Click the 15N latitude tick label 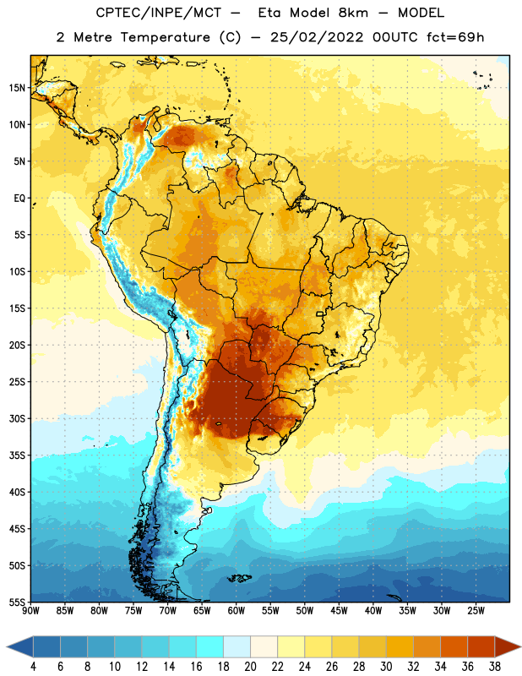click(17, 88)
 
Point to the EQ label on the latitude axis click(19, 199)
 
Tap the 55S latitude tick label click(17, 602)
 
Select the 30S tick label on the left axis click(17, 418)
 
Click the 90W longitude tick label click(31, 611)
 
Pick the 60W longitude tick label click(237, 611)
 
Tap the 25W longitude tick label click(476, 611)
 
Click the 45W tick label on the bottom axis click(339, 611)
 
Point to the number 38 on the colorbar click(494, 667)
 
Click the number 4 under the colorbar click(33, 667)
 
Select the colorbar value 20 click(250, 667)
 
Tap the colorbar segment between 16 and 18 click(209, 647)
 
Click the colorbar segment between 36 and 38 click(481, 647)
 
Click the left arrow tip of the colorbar click(7, 647)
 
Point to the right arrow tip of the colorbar click(520, 647)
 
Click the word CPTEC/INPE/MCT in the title click(158, 13)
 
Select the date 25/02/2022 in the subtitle click(317, 37)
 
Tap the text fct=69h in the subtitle click(455, 37)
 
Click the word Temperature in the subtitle click(165, 37)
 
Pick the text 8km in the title click(353, 13)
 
